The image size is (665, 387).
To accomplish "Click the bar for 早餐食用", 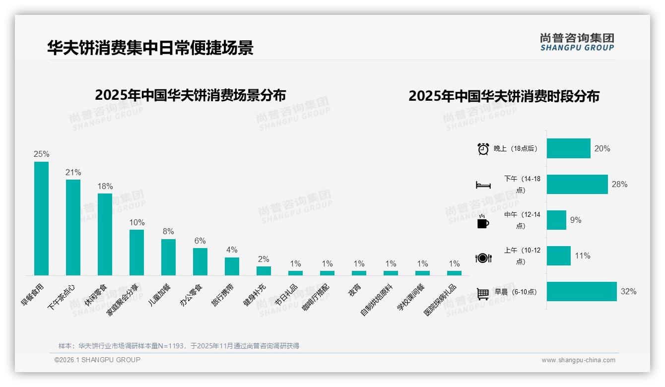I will click(41, 218).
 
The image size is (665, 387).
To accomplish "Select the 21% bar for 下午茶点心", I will click(73, 227).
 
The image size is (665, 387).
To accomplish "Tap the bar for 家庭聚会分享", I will click(136, 252).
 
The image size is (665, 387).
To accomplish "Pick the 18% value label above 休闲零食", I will click(105, 187).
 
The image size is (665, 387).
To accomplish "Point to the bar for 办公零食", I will click(200, 261).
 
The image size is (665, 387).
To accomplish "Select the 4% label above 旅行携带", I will click(232, 250).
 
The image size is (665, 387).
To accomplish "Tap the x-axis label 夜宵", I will click(354, 290).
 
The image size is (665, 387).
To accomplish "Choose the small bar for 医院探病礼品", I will click(454, 273).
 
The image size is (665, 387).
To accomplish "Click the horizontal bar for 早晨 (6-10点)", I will click(582, 292).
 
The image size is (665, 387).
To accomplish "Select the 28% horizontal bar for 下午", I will click(577, 185).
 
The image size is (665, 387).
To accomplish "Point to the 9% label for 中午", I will click(576, 220).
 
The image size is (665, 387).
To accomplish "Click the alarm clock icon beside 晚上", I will click(483, 149).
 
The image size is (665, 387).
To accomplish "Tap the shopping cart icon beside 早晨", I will click(483, 293).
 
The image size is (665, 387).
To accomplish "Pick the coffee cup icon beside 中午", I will click(483, 222).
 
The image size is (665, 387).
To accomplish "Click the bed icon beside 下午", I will click(483, 185).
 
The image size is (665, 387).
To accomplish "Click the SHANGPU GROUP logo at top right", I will click(577, 42).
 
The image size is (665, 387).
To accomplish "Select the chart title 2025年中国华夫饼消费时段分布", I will click(504, 96).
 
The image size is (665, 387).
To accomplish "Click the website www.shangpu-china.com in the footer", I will click(578, 360).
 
